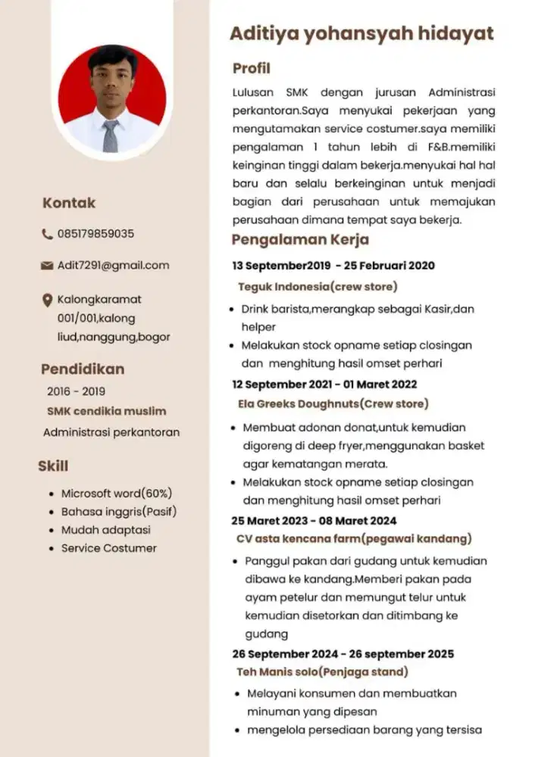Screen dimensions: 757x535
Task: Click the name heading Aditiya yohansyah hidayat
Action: [361, 34]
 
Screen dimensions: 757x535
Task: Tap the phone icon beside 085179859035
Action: [47, 235]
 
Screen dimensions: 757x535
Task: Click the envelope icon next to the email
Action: [47, 266]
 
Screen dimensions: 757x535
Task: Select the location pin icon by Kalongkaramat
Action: [47, 301]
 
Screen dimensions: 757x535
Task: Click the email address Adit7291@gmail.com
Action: [114, 266]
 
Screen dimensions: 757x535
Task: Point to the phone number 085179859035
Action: [96, 234]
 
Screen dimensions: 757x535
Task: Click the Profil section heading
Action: [251, 69]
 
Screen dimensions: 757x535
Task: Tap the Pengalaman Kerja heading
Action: [300, 241]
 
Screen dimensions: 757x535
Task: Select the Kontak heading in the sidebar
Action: [69, 203]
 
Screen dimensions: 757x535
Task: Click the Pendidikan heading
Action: [83, 369]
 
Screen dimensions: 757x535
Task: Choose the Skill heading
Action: [53, 466]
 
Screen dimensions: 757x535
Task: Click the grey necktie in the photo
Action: [111, 135]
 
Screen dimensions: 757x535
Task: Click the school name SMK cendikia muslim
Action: [107, 412]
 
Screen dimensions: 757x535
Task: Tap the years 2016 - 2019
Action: [76, 392]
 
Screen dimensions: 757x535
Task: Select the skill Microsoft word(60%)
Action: [117, 494]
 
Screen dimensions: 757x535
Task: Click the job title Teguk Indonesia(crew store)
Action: [317, 287]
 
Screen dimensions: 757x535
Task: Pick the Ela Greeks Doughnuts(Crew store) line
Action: [332, 403]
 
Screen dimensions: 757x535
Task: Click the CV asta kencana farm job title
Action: [353, 539]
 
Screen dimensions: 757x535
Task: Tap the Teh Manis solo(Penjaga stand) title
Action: [322, 672]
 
